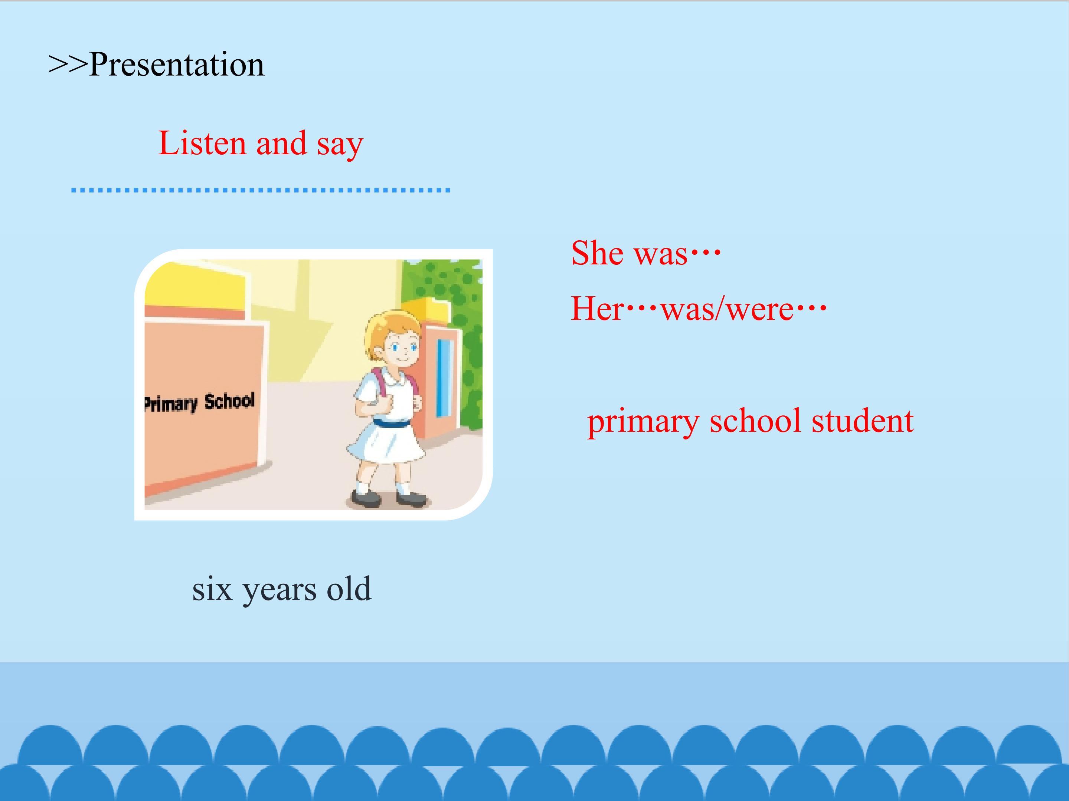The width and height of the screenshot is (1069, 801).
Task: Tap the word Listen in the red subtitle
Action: click(x=202, y=144)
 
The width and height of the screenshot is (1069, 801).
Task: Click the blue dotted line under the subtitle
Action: click(x=261, y=190)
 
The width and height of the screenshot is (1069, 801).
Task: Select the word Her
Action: click(x=597, y=309)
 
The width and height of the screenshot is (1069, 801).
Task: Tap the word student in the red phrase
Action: click(x=862, y=421)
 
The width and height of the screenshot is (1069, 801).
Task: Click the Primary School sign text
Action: click(x=199, y=403)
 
